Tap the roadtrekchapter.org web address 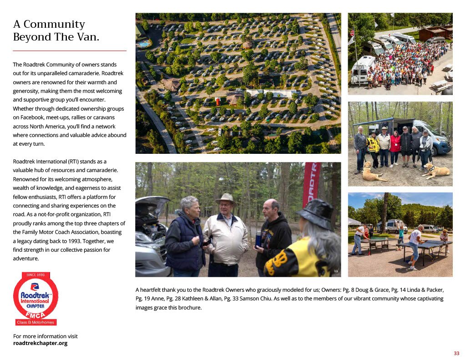point(40,343)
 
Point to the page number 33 point(456,354)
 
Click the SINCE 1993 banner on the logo point(35,275)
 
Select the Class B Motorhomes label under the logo point(35,322)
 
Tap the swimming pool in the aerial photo point(144,44)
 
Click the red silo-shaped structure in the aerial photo point(219,101)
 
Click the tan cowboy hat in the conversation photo point(226,198)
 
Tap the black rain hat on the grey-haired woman point(316,213)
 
